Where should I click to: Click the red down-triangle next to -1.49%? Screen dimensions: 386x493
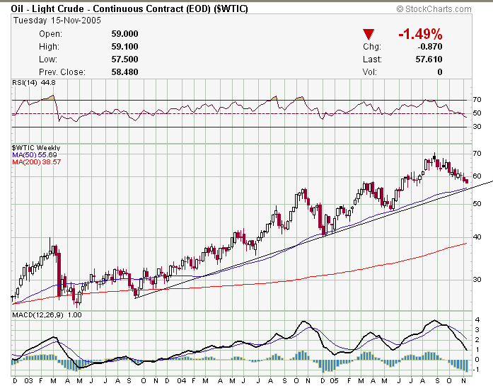(x=369, y=34)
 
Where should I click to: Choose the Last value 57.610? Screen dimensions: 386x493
(x=427, y=59)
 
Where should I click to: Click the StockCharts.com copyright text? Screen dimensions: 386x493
(x=434, y=8)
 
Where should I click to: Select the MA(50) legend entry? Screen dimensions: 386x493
(x=34, y=154)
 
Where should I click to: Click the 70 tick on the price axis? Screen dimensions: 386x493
(x=477, y=154)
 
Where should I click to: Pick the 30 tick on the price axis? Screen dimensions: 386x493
(x=477, y=279)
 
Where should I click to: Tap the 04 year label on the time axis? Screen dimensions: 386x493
(x=182, y=381)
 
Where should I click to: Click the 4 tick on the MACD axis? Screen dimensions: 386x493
(x=477, y=319)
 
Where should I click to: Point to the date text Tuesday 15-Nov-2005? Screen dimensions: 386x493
(x=57, y=21)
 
